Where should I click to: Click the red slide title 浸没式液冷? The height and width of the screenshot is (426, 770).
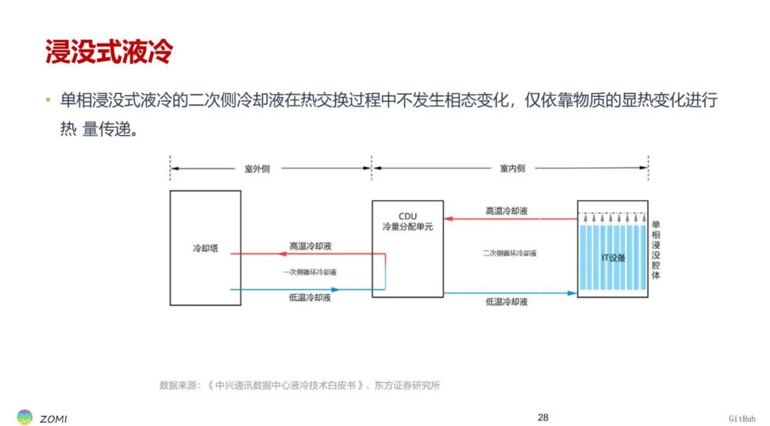(x=109, y=51)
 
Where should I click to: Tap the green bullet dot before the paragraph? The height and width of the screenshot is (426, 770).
(x=48, y=100)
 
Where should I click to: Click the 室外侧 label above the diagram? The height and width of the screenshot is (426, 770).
(x=257, y=168)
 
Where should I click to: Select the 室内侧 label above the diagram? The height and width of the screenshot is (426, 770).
(x=512, y=168)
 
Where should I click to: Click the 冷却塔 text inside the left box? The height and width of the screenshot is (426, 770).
(x=205, y=248)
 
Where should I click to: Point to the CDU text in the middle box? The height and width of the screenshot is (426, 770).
(x=408, y=216)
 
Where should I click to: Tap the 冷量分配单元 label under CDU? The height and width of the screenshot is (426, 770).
(x=408, y=226)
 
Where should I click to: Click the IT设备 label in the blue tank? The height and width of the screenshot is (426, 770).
(x=613, y=258)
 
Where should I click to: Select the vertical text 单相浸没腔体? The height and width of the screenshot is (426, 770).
(x=656, y=250)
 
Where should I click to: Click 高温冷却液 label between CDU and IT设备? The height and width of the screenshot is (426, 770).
(x=506, y=211)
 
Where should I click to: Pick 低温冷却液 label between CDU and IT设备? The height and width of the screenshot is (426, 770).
(x=506, y=302)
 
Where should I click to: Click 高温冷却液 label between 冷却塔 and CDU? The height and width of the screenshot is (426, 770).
(x=310, y=245)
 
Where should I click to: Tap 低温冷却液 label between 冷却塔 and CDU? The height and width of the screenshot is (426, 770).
(x=310, y=298)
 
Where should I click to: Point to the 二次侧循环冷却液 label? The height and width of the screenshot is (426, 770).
(x=510, y=253)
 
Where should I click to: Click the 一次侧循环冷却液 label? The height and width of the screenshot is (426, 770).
(x=310, y=272)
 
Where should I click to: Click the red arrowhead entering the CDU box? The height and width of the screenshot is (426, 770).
(x=448, y=218)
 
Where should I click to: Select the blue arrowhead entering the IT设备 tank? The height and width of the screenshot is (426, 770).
(x=572, y=293)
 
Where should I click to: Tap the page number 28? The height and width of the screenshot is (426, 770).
(x=543, y=417)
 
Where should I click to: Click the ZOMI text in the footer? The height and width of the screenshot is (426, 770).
(x=53, y=419)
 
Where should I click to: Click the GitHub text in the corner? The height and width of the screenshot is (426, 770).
(x=742, y=419)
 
